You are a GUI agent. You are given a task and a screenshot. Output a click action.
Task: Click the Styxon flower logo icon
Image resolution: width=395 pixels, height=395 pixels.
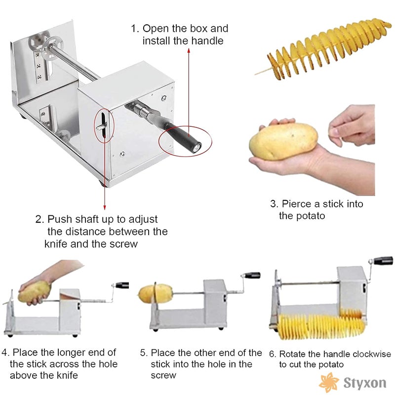pos(329,382)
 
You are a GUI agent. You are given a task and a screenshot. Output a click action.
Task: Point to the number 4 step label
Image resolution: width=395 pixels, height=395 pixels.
pos(5,353)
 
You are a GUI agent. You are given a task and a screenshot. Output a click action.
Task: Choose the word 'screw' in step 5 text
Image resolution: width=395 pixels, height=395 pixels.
pos(163,375)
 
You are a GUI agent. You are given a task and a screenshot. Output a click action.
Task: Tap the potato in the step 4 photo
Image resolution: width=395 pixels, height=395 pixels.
pos(35,293)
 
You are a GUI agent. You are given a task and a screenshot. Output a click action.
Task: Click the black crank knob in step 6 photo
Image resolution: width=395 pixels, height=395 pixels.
pos(383,260)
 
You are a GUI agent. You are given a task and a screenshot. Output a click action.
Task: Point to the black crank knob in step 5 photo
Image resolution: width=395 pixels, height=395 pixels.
pos(253,275)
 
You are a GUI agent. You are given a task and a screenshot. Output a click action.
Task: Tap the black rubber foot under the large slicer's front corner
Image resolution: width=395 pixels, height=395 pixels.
pos(102,183)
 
